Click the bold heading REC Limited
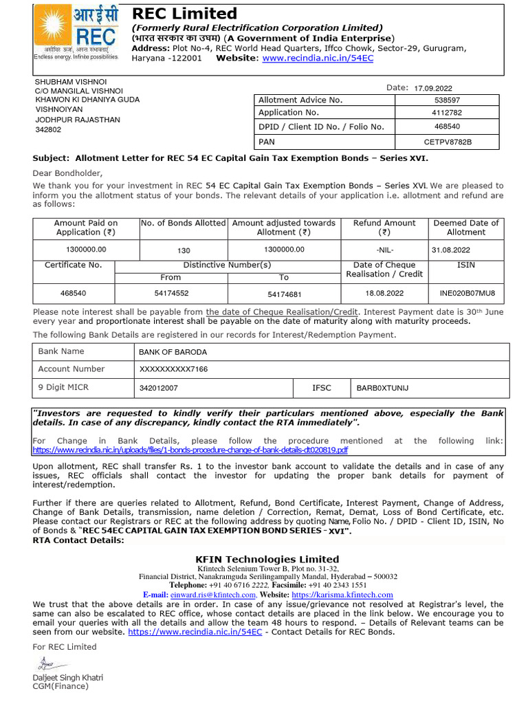pos(184,14)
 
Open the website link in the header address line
pos(318,58)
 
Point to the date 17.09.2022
pos(432,88)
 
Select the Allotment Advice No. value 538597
pos(448,100)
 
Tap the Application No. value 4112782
pos(447,113)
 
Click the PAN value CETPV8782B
pos(448,142)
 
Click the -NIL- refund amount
pos(385,250)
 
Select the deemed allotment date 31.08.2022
pos(450,250)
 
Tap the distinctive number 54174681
pos(284,294)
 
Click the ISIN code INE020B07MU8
pos(467,293)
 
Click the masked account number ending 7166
pos(173,370)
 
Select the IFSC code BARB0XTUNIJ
pos(382,388)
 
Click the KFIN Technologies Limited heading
pos(267,559)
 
